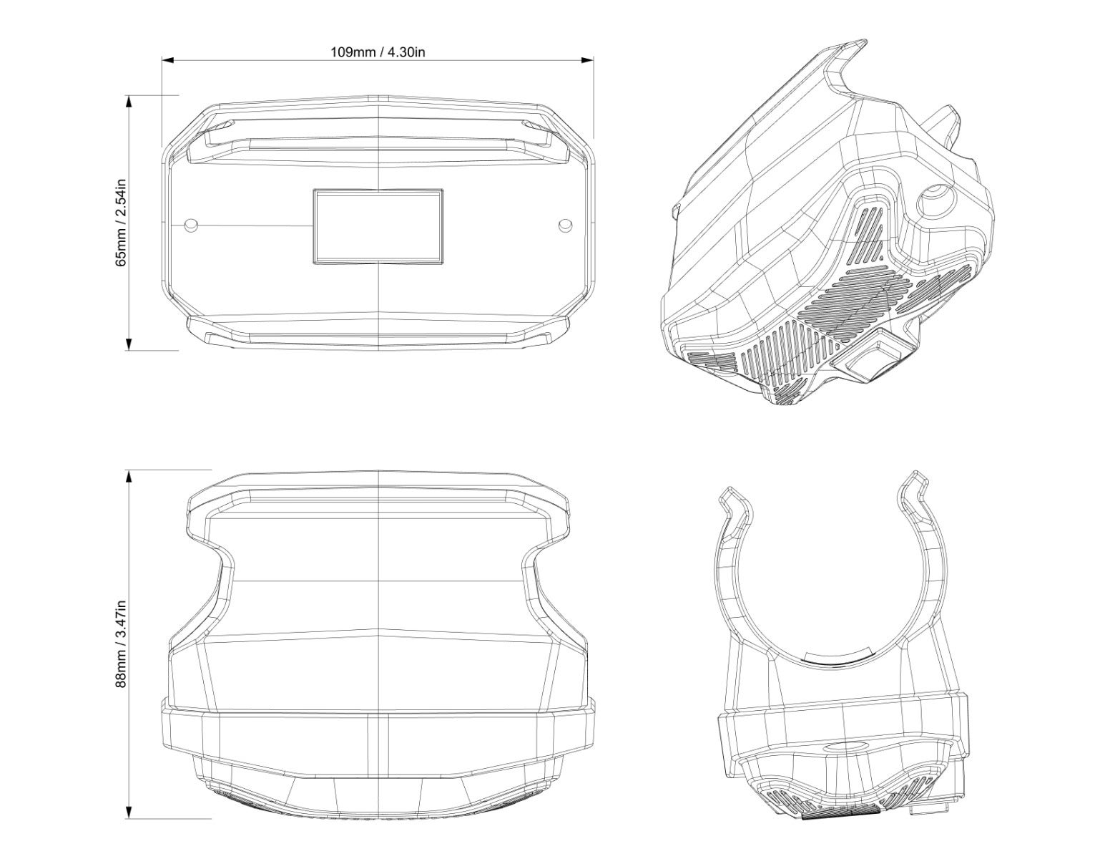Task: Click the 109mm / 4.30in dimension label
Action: coord(378,52)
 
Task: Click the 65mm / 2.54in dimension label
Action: coord(121,223)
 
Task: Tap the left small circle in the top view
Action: coord(191,225)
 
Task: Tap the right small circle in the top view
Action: coord(566,225)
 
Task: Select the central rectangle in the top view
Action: coord(378,226)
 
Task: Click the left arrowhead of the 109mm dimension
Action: coord(168,60)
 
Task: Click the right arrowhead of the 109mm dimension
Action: coord(587,60)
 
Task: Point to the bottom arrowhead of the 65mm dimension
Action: coord(129,344)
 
